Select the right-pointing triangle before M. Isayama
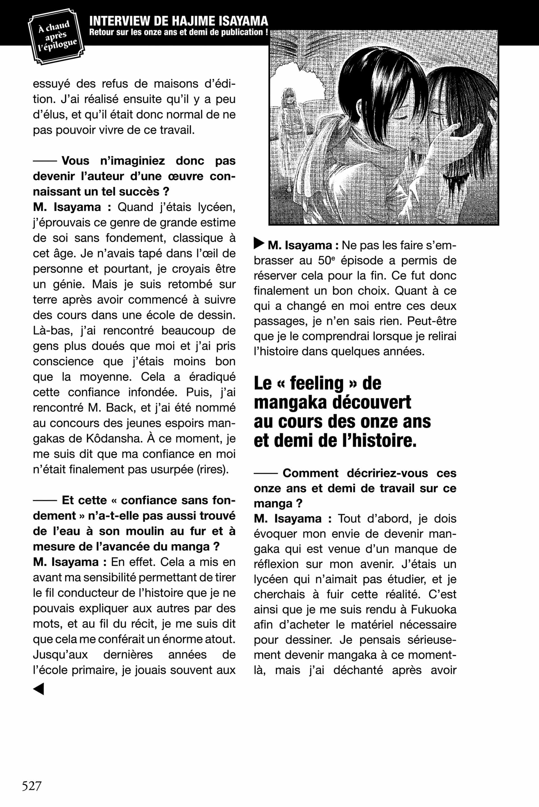pyautogui.click(x=259, y=243)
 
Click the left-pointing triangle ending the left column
pyautogui.click(x=38, y=689)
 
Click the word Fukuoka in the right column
pyautogui.click(x=433, y=609)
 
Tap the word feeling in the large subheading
pyautogui.click(x=317, y=383)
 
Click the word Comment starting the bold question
pyautogui.click(x=310, y=473)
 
